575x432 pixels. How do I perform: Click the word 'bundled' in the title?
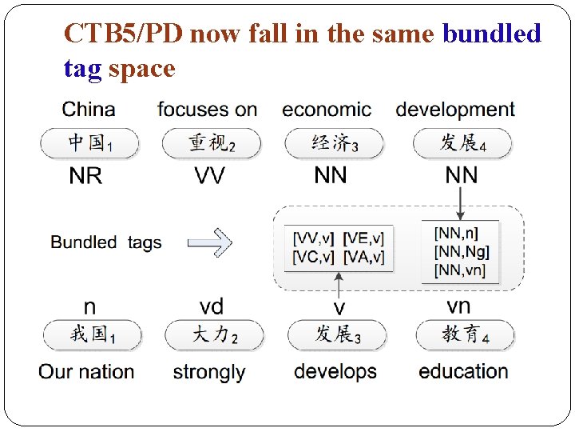click(491, 34)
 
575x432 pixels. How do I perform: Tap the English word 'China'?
click(89, 110)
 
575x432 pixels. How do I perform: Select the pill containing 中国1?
click(89, 143)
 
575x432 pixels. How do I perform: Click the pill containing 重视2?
click(211, 143)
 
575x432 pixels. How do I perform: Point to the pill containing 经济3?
click(334, 143)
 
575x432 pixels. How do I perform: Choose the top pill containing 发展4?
click(462, 143)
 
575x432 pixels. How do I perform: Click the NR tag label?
click(85, 176)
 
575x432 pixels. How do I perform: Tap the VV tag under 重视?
click(209, 176)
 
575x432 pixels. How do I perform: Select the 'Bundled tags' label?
click(106, 242)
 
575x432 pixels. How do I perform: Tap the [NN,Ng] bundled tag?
click(462, 252)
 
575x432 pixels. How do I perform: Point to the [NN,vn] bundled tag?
click(462, 270)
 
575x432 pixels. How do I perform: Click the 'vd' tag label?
click(211, 306)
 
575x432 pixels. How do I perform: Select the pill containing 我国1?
click(91, 334)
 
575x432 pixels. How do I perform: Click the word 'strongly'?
click(208, 372)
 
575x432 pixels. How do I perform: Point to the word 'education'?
click(463, 371)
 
